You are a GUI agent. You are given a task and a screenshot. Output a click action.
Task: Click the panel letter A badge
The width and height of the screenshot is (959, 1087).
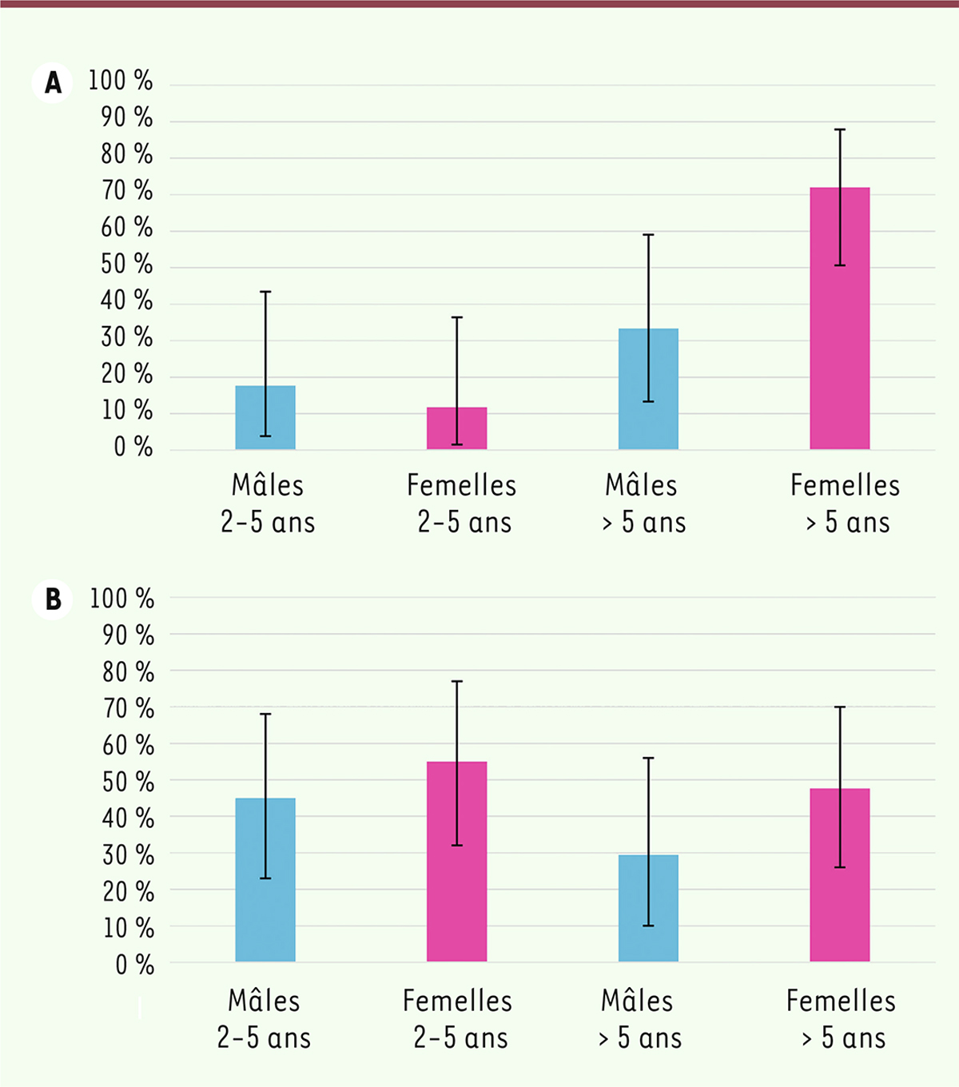click(53, 82)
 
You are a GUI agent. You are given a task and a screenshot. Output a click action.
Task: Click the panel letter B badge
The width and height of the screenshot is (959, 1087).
click(53, 599)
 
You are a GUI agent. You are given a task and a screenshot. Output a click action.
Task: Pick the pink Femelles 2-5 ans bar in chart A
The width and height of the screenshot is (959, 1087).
click(456, 428)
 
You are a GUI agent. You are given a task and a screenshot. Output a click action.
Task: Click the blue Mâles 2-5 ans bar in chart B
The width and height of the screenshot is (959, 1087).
click(265, 879)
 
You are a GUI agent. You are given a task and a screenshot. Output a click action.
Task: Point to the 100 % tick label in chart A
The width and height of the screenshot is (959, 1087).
click(120, 81)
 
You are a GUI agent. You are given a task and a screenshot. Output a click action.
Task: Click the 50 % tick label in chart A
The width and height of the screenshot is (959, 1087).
click(126, 265)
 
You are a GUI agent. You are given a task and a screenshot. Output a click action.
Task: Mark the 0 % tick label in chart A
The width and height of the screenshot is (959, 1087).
click(133, 448)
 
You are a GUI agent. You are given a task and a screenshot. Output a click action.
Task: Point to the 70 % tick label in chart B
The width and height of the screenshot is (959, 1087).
click(128, 708)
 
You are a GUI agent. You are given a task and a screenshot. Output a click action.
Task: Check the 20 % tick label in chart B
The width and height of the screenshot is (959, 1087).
click(128, 892)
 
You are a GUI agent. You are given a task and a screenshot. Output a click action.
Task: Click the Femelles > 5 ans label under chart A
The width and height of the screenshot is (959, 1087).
click(846, 504)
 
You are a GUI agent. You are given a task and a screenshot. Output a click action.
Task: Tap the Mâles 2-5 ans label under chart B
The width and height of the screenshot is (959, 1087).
click(265, 1019)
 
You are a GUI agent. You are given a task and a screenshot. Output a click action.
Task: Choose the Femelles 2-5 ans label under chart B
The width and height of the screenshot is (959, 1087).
click(458, 1019)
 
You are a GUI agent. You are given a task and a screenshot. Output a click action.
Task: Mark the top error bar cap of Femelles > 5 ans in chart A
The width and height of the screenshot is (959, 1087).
click(840, 129)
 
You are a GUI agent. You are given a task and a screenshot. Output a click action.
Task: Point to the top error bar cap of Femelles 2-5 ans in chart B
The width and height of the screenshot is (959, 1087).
click(456, 682)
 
